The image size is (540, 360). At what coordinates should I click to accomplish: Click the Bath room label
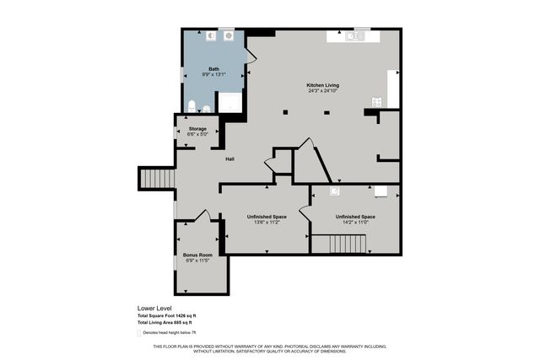213,68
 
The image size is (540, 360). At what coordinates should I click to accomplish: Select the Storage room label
197,129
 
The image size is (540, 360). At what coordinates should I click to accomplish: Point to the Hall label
229,159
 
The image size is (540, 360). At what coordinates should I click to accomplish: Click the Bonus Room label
197,255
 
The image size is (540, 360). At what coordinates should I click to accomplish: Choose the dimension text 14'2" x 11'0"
355,223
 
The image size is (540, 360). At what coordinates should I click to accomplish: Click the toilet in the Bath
192,107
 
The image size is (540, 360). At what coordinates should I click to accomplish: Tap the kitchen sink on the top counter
358,35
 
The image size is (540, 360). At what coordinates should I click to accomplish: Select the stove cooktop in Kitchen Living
376,102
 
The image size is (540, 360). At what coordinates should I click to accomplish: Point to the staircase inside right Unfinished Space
347,244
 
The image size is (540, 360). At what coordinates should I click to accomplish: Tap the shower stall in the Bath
229,103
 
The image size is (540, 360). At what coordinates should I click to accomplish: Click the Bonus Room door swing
202,215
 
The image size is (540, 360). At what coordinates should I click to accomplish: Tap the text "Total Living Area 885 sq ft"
165,322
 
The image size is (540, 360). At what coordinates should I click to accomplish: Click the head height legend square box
139,332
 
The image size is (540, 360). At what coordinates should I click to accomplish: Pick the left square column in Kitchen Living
287,112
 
